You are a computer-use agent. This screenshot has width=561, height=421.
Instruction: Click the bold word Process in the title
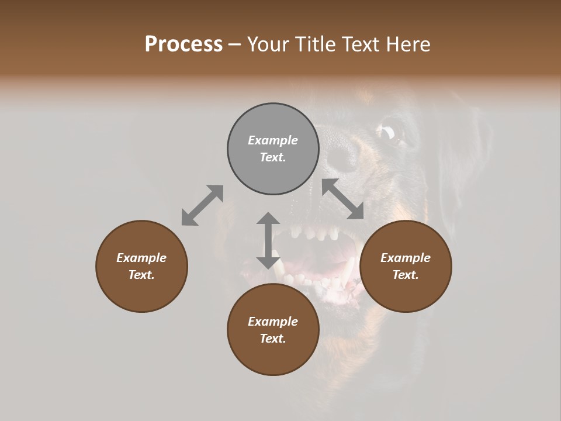click(x=183, y=44)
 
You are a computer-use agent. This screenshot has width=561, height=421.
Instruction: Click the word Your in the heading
click(x=266, y=44)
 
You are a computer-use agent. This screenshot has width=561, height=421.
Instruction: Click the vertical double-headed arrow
click(x=268, y=240)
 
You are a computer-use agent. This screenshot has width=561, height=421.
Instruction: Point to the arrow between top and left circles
click(x=202, y=205)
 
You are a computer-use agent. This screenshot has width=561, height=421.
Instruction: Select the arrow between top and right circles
click(x=343, y=199)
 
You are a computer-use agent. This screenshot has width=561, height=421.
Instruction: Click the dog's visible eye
click(x=389, y=134)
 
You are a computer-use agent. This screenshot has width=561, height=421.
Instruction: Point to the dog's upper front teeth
click(x=316, y=233)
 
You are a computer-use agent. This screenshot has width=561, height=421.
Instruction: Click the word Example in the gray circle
click(x=273, y=140)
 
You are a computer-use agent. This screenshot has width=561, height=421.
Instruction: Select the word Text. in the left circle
click(x=141, y=275)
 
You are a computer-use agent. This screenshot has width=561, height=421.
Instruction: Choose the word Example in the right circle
click(x=406, y=258)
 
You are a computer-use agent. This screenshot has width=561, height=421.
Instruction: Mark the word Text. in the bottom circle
click(x=273, y=339)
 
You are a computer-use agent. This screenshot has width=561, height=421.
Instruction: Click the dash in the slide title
click(x=235, y=44)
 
